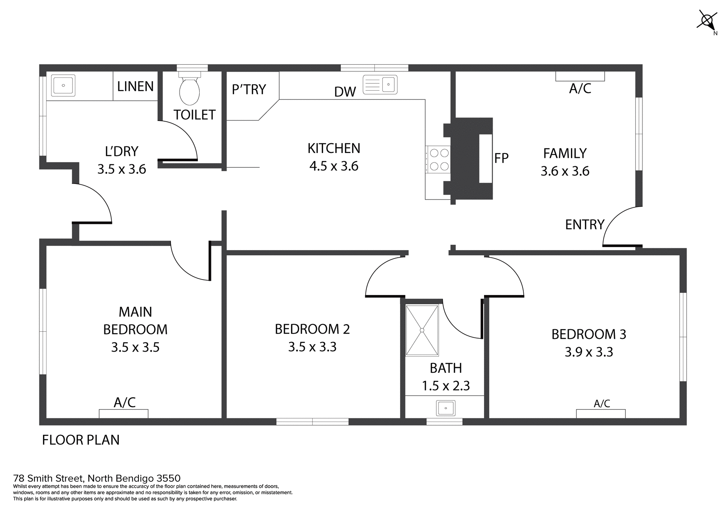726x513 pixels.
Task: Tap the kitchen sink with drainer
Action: (x=380, y=85)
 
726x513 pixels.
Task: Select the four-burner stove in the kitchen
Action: (x=439, y=159)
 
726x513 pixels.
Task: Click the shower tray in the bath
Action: (x=422, y=330)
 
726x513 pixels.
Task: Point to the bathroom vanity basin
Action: (x=446, y=408)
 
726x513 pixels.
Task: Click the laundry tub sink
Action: (x=63, y=85)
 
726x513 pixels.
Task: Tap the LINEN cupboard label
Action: (x=135, y=87)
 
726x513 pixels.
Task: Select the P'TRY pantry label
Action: (x=249, y=90)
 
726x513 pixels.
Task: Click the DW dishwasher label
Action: (x=345, y=92)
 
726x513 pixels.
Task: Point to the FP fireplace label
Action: (x=501, y=158)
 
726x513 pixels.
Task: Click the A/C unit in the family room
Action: (x=580, y=76)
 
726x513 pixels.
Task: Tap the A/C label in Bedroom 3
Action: (x=602, y=404)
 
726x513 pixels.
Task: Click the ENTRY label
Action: (x=585, y=225)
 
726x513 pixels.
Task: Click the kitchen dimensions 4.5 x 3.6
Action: (x=334, y=166)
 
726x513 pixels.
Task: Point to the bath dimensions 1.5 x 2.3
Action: (x=446, y=386)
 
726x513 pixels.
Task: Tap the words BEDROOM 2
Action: (x=312, y=329)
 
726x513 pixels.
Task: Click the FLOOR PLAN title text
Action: (x=81, y=440)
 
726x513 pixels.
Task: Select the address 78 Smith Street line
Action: (x=97, y=478)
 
